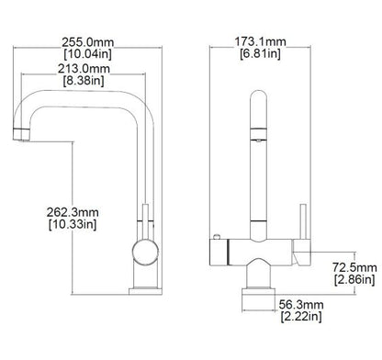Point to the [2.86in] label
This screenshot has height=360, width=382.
point(353,278)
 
